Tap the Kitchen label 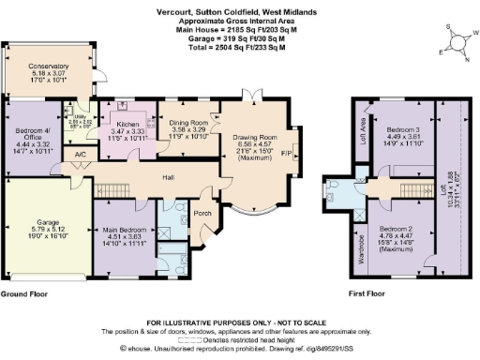126,124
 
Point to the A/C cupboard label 81,153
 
